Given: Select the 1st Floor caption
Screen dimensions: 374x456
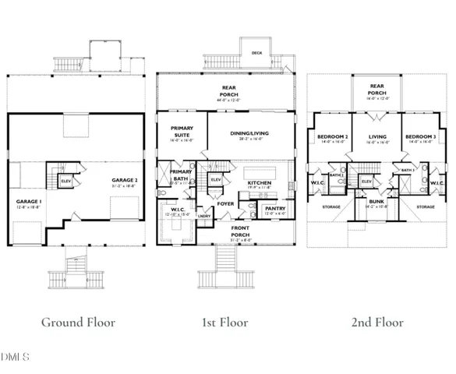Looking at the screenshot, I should pos(226,321).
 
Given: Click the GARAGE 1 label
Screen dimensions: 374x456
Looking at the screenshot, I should pos(29,201).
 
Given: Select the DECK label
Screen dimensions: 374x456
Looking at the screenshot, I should pos(256,54).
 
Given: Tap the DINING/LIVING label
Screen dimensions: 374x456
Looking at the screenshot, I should pos(250,134).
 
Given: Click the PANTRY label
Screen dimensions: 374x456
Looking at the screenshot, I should pos(275,208).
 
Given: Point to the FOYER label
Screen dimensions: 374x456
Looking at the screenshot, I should pos(226,204).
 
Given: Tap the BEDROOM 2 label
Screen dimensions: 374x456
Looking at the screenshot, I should pos(331,137).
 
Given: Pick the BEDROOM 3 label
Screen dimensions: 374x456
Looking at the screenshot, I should pos(419,137).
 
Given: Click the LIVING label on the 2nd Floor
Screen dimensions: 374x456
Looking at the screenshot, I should pos(376,137).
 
